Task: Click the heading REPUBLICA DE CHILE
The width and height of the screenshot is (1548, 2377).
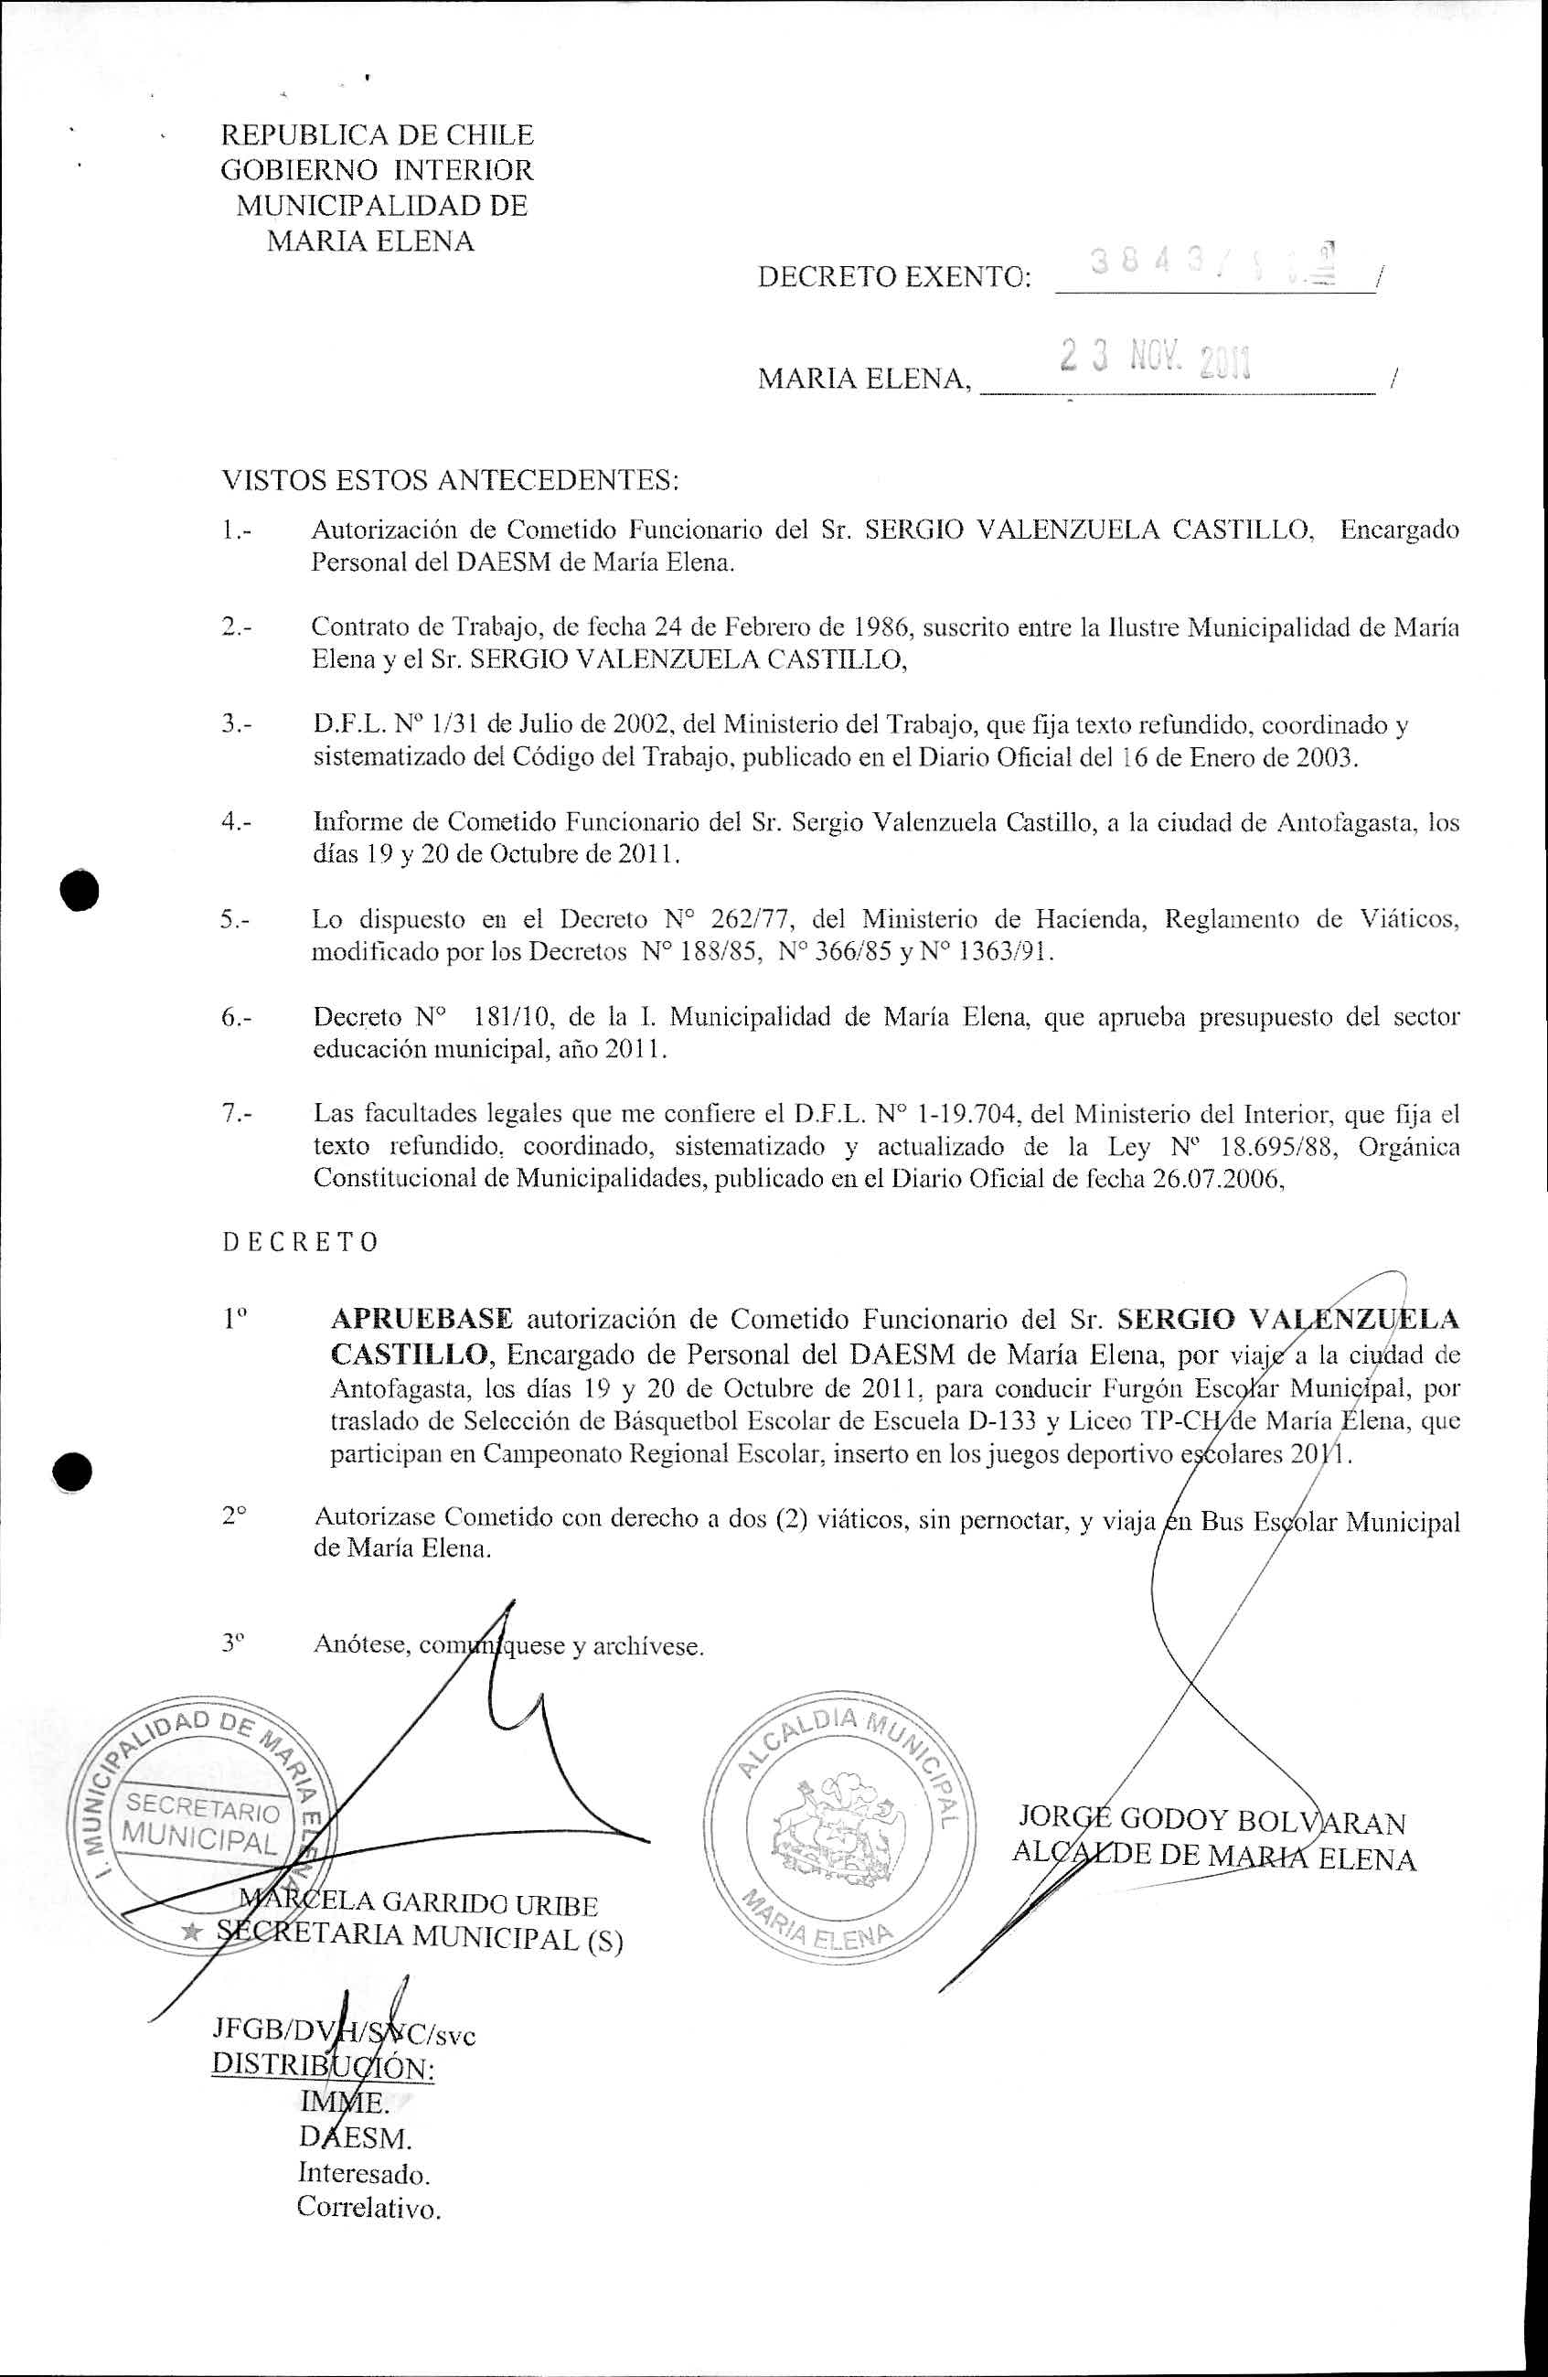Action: point(377,134)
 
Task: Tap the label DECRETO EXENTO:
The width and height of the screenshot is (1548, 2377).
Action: point(895,276)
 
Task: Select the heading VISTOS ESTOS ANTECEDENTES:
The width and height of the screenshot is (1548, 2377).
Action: point(450,480)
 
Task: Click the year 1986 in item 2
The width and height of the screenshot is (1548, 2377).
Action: point(879,627)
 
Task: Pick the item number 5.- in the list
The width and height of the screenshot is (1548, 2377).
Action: point(236,919)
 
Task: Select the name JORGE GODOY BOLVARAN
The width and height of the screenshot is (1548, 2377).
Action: point(1211,1820)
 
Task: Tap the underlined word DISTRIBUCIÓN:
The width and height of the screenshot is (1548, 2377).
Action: point(323,2067)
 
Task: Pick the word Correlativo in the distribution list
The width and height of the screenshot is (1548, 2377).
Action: point(368,2207)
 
